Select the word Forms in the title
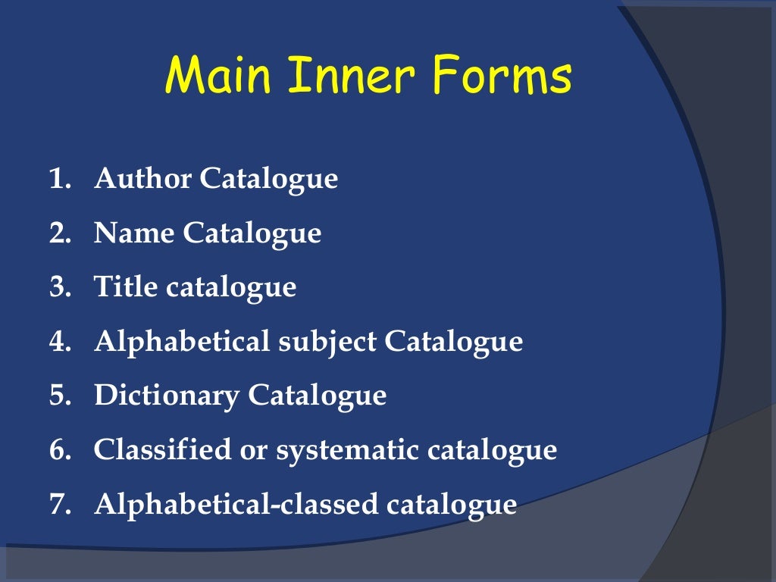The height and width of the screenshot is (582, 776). pyautogui.click(x=503, y=77)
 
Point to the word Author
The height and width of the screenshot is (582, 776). pyautogui.click(x=142, y=180)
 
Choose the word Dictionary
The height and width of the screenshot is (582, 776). pyautogui.click(x=167, y=396)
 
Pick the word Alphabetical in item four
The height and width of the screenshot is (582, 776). pyautogui.click(x=182, y=342)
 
